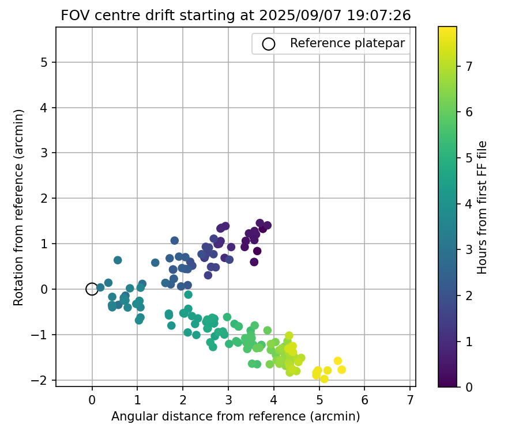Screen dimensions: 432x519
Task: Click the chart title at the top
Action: [x=235, y=16]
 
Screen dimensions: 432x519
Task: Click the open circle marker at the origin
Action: [x=92, y=289]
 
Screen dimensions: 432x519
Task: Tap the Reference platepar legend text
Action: [x=347, y=43]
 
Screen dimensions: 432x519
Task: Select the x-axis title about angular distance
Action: [x=235, y=416]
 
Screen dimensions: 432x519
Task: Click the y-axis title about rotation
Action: [x=18, y=207]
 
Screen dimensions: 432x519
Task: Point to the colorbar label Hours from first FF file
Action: [x=483, y=207]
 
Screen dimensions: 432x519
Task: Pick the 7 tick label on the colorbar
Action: [x=469, y=66]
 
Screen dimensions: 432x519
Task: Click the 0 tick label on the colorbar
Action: [x=469, y=387]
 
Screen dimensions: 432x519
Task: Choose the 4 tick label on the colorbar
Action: [x=469, y=204]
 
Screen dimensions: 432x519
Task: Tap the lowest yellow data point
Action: [x=324, y=378]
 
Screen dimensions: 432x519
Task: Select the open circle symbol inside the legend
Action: [x=268, y=44]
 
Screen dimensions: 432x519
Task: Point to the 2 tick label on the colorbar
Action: [x=469, y=295]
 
